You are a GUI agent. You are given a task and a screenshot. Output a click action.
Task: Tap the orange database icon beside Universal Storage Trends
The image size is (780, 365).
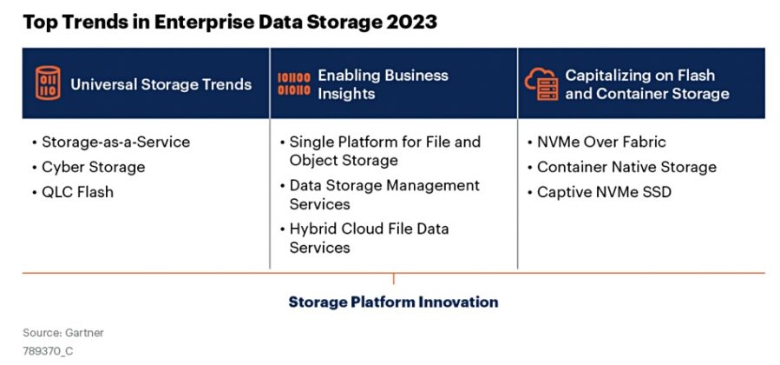pos(48,83)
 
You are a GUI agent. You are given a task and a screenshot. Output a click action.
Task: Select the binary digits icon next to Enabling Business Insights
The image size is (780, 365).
pos(293,83)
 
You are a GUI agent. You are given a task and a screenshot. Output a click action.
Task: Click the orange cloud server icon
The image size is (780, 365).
pos(541,83)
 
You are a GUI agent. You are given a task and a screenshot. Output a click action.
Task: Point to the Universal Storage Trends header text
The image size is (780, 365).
pos(161,84)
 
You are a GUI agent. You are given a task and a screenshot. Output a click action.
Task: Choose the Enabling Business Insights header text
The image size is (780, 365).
pos(383,83)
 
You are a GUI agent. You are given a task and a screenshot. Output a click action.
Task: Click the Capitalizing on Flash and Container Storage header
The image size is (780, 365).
pos(646,83)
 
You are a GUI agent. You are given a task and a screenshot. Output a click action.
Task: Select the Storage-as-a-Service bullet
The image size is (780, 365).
pos(115,142)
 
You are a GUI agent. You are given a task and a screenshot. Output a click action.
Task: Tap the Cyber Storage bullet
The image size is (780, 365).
pos(93,167)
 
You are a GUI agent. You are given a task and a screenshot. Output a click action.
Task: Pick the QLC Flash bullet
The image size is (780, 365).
pos(77,192)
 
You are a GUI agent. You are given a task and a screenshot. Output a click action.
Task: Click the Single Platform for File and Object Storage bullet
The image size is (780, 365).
pos(384,151)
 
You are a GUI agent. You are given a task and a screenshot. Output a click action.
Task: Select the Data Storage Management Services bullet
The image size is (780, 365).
pos(383,195)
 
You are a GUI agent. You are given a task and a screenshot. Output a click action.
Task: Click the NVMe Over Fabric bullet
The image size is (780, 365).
pos(601,142)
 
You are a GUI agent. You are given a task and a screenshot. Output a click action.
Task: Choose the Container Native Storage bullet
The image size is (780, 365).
pos(626,167)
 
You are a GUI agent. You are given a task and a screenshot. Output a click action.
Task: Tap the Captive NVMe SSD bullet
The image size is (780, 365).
pos(604,192)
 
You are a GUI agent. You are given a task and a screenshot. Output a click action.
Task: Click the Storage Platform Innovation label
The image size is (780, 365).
pos(393,302)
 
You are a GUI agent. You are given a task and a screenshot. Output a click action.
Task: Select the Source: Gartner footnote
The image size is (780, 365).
pos(63,333)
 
